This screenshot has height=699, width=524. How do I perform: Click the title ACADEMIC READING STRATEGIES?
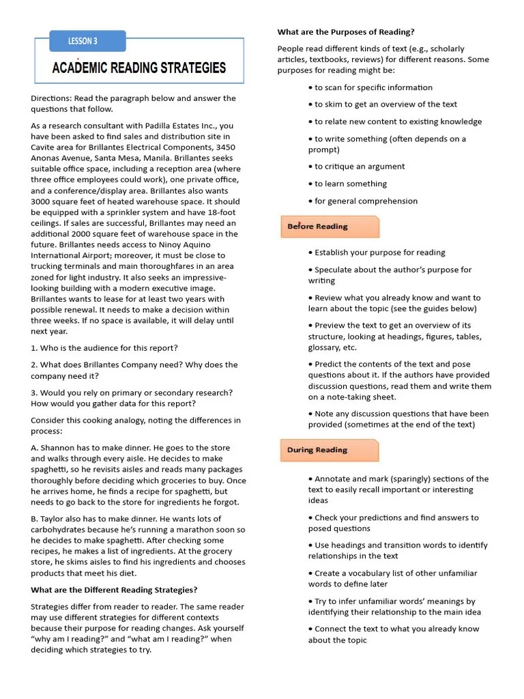[x=139, y=68]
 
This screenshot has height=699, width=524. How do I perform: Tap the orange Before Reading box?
[x=330, y=227]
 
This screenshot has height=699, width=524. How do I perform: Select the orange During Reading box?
[x=330, y=451]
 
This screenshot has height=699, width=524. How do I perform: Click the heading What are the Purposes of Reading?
[x=346, y=31]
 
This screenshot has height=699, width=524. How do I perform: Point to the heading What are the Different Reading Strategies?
[x=114, y=590]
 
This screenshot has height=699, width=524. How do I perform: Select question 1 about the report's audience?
[x=104, y=348]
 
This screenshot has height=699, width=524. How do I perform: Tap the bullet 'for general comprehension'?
[x=366, y=201]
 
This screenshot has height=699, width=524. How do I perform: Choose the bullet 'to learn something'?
[x=351, y=184]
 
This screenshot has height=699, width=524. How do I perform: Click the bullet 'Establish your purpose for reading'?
[x=379, y=253]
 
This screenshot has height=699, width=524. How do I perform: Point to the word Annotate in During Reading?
[x=334, y=479]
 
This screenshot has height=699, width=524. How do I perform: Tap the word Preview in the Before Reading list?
[x=330, y=326]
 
